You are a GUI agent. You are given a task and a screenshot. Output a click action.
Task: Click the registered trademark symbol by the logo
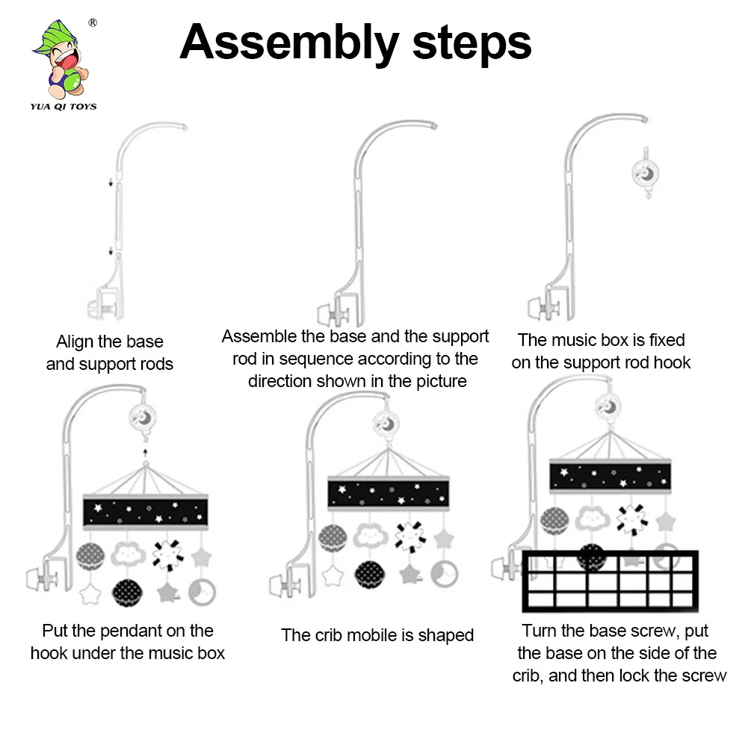pyautogui.click(x=93, y=22)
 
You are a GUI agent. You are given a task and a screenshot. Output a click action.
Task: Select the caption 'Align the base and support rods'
pyautogui.click(x=110, y=353)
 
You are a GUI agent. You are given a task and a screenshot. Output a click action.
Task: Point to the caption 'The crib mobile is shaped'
pyautogui.click(x=377, y=635)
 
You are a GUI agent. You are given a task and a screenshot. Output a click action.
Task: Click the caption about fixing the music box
pyautogui.click(x=601, y=351)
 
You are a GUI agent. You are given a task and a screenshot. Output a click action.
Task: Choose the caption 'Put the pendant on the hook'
pyautogui.click(x=128, y=642)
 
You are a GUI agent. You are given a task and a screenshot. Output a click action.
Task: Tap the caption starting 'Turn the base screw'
pyautogui.click(x=619, y=653)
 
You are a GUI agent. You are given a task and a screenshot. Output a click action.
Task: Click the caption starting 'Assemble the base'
pyautogui.click(x=356, y=359)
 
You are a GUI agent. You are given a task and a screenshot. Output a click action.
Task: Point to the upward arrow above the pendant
pyautogui.click(x=144, y=452)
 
